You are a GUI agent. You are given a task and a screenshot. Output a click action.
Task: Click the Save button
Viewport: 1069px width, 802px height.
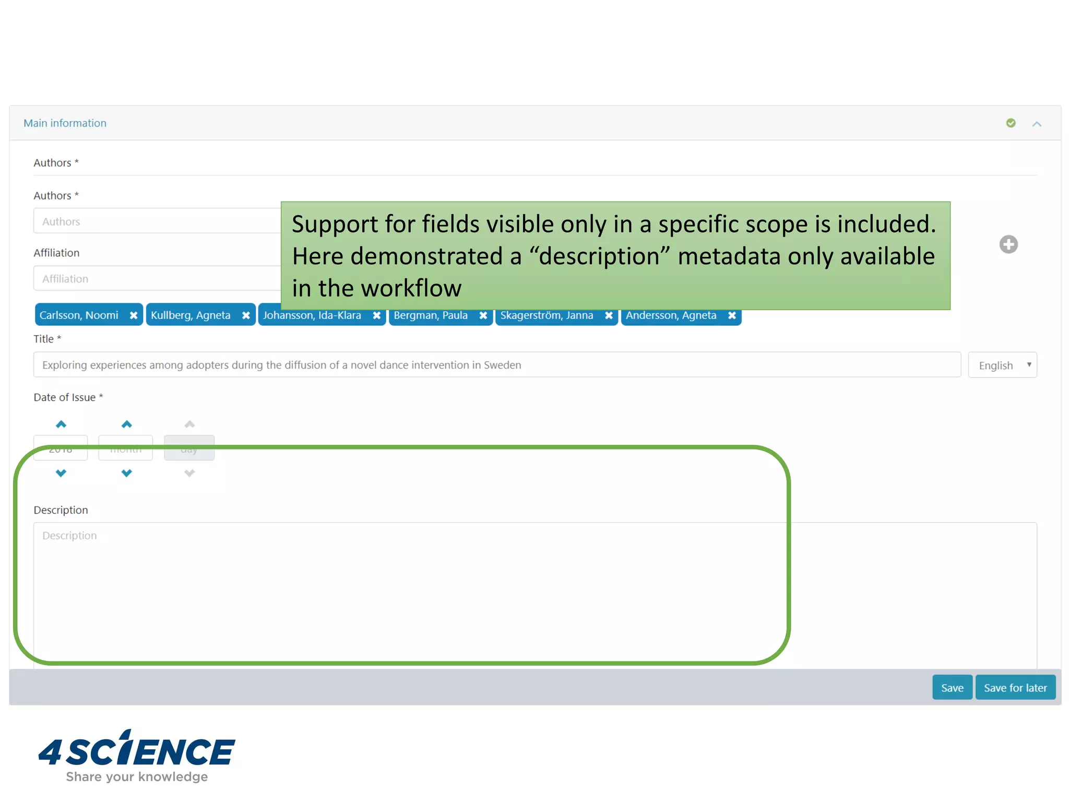click(x=952, y=688)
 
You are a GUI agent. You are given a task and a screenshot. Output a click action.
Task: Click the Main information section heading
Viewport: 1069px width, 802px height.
click(x=65, y=123)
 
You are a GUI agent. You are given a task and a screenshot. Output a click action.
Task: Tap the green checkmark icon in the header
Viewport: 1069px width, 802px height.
click(x=1011, y=123)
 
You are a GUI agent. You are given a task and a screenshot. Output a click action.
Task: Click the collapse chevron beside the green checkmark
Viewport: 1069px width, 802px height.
click(x=1037, y=124)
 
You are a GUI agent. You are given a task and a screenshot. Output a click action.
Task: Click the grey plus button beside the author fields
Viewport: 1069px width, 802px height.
click(x=1008, y=244)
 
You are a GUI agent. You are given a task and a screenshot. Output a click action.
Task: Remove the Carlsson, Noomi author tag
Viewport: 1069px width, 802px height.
click(x=134, y=315)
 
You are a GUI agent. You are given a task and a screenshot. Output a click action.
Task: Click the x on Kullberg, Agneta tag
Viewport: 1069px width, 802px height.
click(x=246, y=315)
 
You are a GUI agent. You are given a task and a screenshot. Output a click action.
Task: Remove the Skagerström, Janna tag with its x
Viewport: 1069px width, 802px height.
click(x=609, y=315)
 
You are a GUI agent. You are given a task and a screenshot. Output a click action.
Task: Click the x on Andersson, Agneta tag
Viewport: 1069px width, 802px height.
click(x=732, y=315)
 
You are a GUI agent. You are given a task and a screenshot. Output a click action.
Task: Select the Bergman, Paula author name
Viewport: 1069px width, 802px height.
click(x=431, y=316)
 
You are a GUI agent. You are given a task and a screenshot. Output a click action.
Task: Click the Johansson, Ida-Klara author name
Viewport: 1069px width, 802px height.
click(x=312, y=316)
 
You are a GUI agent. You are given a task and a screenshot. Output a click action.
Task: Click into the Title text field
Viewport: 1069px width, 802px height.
click(x=496, y=365)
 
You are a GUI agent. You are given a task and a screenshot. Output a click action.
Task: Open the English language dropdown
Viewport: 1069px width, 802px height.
click(x=1002, y=365)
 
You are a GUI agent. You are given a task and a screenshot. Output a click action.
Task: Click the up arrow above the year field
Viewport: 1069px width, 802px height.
click(x=61, y=424)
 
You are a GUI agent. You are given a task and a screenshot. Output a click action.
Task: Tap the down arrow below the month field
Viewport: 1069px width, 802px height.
click(x=126, y=473)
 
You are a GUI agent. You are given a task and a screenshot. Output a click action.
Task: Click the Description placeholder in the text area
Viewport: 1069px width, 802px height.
click(x=69, y=536)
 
